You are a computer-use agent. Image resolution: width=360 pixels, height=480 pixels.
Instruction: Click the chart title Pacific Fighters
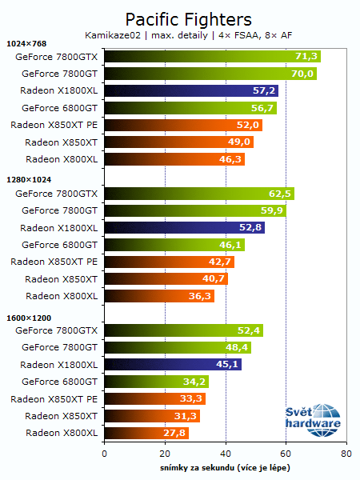[188, 18]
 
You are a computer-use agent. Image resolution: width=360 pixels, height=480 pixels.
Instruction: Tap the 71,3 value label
[307, 56]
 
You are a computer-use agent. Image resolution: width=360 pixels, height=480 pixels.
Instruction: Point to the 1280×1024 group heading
[28, 180]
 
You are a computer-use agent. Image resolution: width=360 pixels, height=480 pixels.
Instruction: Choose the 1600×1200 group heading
[28, 318]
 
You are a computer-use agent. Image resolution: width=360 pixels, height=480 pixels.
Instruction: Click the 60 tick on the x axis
[286, 453]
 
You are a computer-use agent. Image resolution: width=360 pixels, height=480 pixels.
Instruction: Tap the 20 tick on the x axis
[165, 453]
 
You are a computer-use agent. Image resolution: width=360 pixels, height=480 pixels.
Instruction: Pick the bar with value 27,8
[146, 433]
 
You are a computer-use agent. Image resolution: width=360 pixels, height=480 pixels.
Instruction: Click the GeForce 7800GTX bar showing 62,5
[198, 193]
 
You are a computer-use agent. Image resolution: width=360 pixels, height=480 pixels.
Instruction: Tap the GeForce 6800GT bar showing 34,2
[155, 382]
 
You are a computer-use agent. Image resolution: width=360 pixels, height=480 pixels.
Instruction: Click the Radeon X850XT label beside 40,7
[61, 279]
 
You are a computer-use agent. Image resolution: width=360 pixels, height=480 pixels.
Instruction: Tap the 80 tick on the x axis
[346, 453]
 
